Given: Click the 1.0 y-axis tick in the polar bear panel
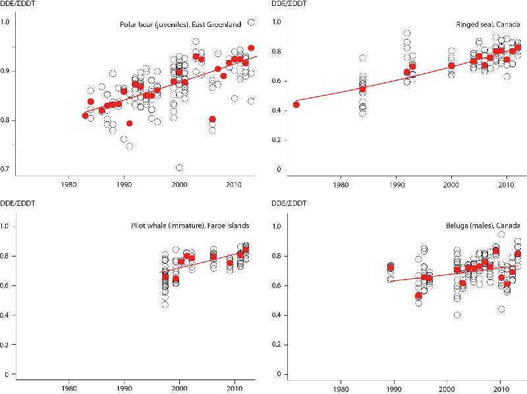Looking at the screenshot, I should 7,22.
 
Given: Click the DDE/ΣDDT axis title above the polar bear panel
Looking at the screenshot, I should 22,5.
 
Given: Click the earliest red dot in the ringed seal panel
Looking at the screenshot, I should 296,105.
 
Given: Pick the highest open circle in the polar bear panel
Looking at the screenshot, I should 250,22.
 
